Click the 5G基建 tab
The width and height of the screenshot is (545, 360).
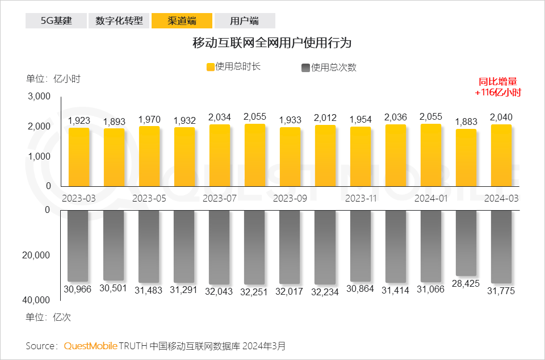point(56,21)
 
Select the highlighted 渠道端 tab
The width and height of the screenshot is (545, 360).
point(182,21)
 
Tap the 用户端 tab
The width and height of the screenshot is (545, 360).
point(244,21)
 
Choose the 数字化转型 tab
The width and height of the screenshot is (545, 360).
point(119,21)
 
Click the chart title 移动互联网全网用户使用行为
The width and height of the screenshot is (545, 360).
point(272,43)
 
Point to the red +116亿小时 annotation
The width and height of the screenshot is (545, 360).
point(498,93)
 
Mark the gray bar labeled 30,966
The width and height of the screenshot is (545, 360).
point(79,246)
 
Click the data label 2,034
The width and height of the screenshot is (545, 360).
point(220,118)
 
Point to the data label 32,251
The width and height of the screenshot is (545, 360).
point(255,290)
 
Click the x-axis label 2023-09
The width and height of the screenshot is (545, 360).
point(290,199)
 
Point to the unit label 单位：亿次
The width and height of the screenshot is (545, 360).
point(48,317)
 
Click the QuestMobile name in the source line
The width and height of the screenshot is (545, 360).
point(91,345)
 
